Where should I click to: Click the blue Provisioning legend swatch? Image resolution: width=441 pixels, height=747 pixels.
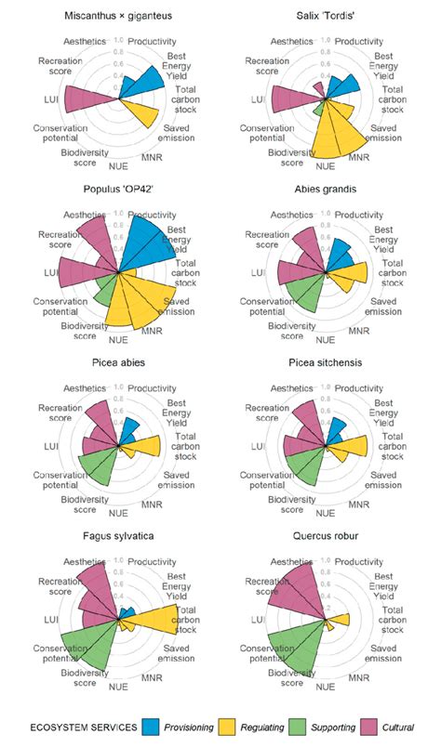152,728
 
